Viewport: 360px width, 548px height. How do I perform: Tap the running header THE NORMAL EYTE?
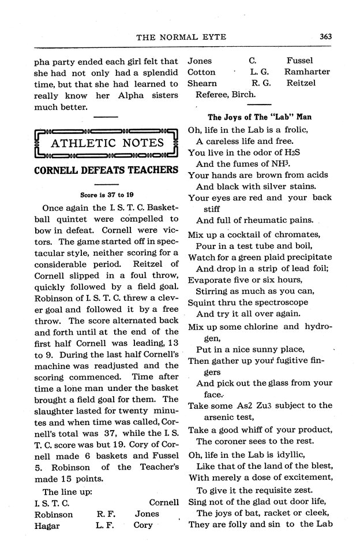click(x=181, y=38)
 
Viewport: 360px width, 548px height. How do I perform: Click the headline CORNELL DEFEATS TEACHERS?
click(x=106, y=170)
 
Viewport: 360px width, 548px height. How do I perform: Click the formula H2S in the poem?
click(x=289, y=153)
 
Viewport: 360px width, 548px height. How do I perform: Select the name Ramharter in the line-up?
click(x=307, y=72)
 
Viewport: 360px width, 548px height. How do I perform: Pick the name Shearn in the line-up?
click(x=201, y=83)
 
